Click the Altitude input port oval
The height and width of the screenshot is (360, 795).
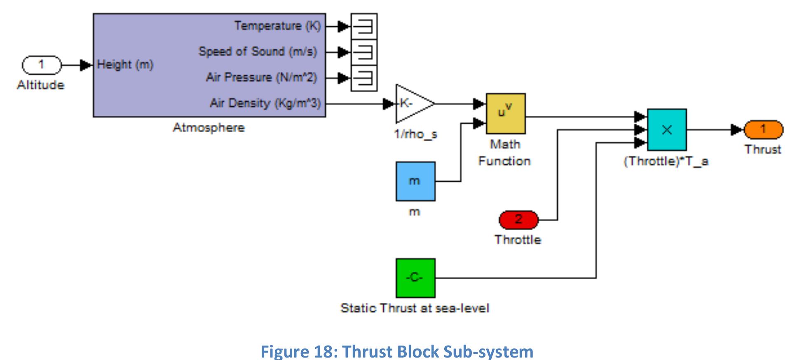pyautogui.click(x=41, y=65)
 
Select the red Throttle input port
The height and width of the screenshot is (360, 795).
pyautogui.click(x=518, y=220)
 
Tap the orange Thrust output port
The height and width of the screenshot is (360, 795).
pyautogui.click(x=763, y=130)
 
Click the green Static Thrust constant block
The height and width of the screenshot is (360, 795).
pyautogui.click(x=415, y=278)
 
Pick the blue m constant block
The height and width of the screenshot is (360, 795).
pyautogui.click(x=415, y=181)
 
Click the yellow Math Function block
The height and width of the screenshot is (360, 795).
pyautogui.click(x=506, y=114)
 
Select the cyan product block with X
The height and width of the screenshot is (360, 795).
pyautogui.click(x=666, y=130)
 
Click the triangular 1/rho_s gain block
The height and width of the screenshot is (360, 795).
pyautogui.click(x=412, y=104)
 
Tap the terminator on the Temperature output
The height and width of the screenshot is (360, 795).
pyautogui.click(x=364, y=26)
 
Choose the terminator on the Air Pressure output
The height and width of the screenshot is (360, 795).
pyautogui.click(x=364, y=78)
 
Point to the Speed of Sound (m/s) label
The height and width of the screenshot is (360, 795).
pyautogui.click(x=258, y=52)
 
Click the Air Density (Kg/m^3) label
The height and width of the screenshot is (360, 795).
pyautogui.click(x=265, y=103)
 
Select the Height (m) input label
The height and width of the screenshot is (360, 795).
pyautogui.click(x=125, y=65)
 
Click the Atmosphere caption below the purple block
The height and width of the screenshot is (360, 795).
pyautogui.click(x=209, y=128)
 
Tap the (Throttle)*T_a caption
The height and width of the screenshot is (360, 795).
pyautogui.click(x=666, y=161)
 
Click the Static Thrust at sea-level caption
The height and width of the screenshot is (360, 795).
pyautogui.click(x=415, y=308)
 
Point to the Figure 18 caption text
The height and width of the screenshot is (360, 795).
pyautogui.click(x=397, y=351)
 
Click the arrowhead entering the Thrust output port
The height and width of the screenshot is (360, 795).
pyautogui.click(x=737, y=130)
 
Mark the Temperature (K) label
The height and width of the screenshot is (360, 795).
pyautogui.click(x=277, y=26)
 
